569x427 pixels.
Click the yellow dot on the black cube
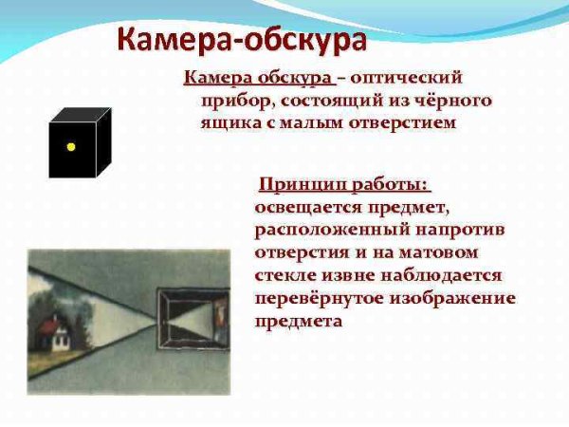pos(70,147)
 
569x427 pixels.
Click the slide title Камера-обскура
pos(242,42)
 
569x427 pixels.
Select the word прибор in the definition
pos(231,100)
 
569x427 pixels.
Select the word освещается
pos(304,206)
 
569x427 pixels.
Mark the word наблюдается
pos(434,275)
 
